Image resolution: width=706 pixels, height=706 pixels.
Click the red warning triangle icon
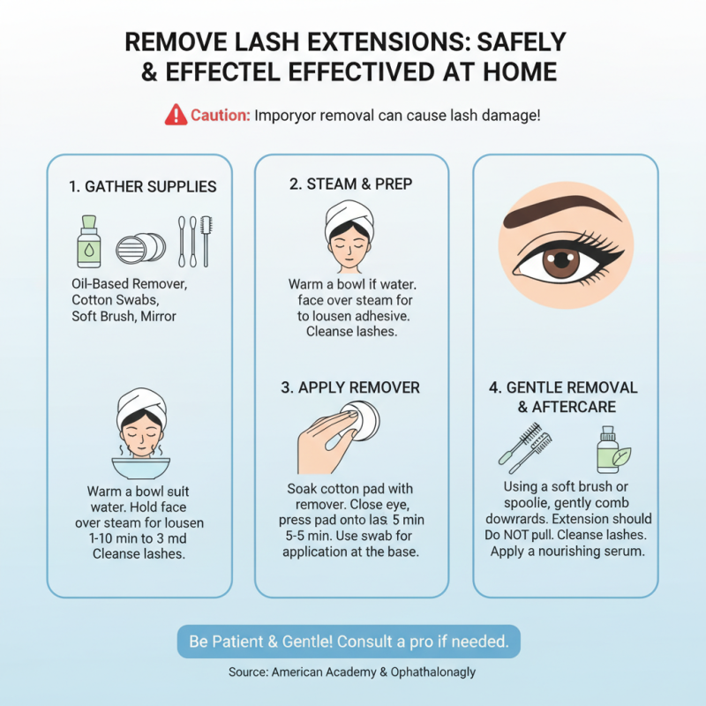pyautogui.click(x=176, y=115)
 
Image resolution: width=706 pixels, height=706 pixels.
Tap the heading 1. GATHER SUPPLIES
pyautogui.click(x=142, y=187)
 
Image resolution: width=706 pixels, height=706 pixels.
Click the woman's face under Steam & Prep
pyautogui.click(x=350, y=242)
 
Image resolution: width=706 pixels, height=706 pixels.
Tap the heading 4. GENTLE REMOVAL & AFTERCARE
pyautogui.click(x=563, y=397)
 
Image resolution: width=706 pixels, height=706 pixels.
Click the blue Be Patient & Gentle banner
pyautogui.click(x=349, y=641)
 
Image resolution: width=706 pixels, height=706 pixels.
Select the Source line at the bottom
pyautogui.click(x=351, y=672)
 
